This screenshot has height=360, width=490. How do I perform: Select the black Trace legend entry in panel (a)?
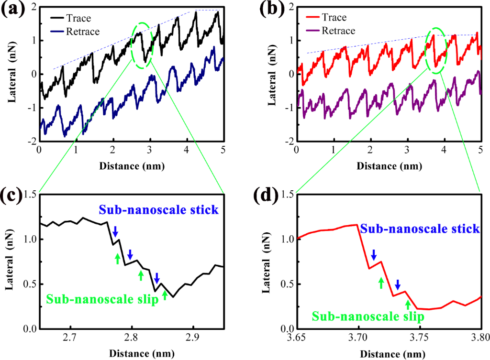[x=71, y=18]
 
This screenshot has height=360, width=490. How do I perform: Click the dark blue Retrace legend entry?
[x=75, y=32]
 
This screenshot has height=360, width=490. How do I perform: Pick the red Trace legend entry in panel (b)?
[x=326, y=17]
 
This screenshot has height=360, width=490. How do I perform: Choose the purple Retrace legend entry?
[x=330, y=31]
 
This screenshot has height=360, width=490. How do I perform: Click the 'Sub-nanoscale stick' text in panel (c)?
[x=159, y=209]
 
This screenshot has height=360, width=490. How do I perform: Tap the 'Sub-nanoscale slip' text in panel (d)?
[x=368, y=316]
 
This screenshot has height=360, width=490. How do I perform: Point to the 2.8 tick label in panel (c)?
[x=132, y=338]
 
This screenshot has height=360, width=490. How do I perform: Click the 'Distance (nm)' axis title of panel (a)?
[x=132, y=166]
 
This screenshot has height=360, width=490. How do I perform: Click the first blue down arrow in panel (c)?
[x=115, y=232]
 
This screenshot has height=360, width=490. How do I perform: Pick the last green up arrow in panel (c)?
[x=165, y=295]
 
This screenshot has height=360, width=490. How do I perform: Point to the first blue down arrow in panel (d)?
[x=374, y=255]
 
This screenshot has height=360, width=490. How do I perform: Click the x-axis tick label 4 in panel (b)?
[x=444, y=150]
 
